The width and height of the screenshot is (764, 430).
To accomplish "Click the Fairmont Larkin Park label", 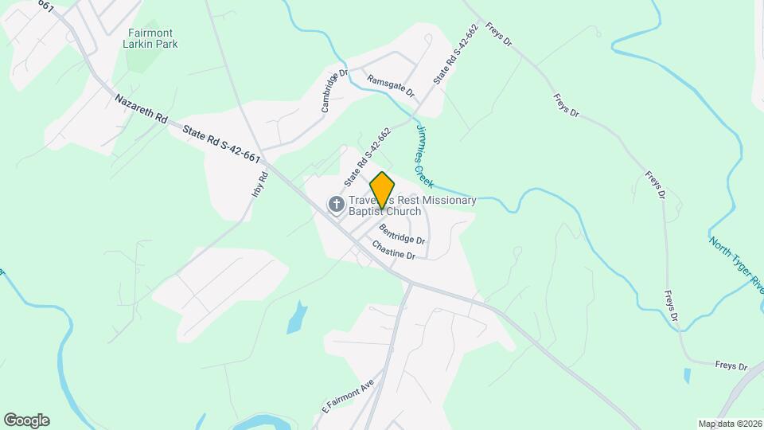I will click(152, 38).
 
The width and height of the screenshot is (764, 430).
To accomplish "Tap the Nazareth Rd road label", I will click(141, 109).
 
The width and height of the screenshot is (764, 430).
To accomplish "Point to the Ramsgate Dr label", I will click(391, 86).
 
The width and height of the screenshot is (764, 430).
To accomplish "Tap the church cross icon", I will click(337, 205).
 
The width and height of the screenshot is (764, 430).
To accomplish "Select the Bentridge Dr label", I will click(402, 234).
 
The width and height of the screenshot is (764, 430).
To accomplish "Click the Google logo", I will click(26, 420).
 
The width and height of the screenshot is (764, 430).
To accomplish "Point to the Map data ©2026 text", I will click(729, 424).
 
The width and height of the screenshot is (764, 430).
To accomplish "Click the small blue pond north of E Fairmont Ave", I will click(295, 316).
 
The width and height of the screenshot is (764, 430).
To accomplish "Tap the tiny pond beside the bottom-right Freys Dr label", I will click(687, 375).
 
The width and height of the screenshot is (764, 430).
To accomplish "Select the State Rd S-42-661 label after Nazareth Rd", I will click(222, 144).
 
